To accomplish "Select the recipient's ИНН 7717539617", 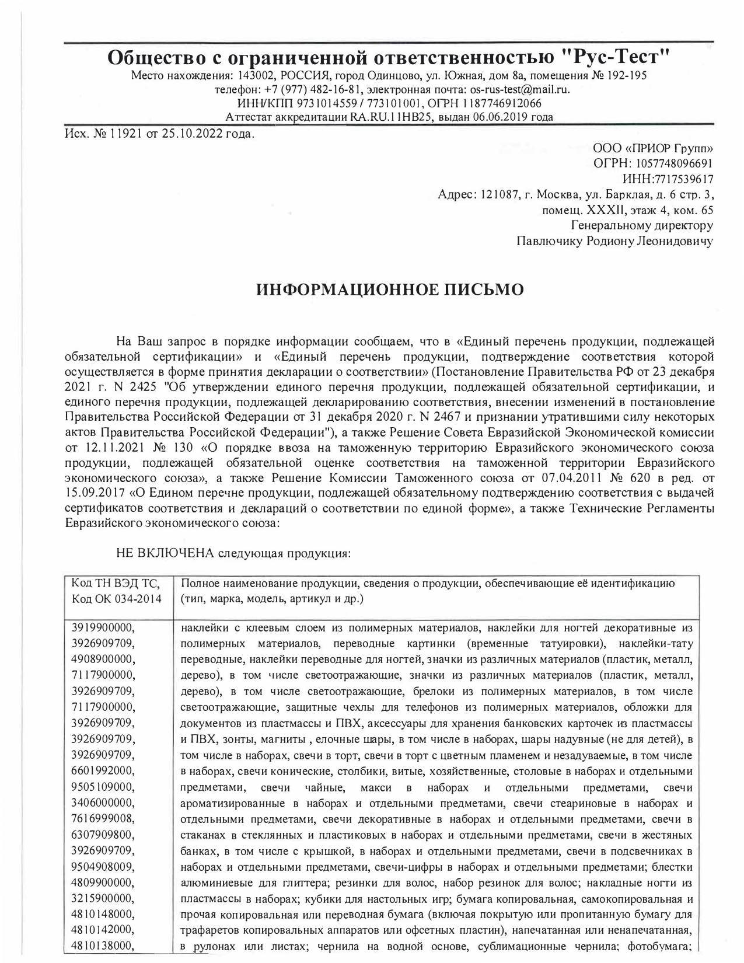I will (x=677, y=179).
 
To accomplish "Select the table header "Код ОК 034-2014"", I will (x=117, y=599).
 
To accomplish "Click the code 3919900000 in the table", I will (x=103, y=629).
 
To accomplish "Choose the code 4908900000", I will (x=103, y=660).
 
